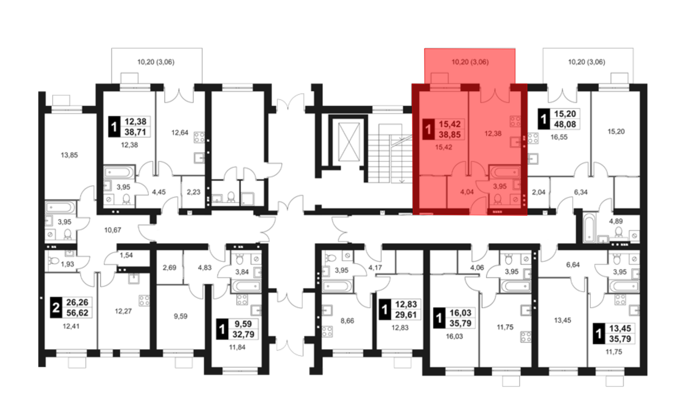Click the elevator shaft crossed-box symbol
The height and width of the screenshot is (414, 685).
[x=349, y=142]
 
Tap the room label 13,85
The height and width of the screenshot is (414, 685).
[x=69, y=155]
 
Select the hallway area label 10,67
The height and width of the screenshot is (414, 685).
[x=113, y=230]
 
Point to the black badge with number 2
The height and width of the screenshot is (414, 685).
[x=56, y=308]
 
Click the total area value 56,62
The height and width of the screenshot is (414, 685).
[x=77, y=313]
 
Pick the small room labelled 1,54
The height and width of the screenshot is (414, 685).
[x=126, y=255]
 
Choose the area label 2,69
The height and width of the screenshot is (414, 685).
[x=170, y=268]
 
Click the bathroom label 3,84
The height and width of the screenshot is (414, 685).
[x=242, y=272]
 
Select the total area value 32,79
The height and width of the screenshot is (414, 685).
[x=244, y=334]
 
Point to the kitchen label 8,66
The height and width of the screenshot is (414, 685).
[x=347, y=321]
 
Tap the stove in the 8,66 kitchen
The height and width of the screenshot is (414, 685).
[x=327, y=331]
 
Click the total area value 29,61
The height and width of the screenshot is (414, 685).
[x=406, y=314]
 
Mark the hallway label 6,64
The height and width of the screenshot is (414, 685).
[x=573, y=264]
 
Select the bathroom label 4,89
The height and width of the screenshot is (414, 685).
[x=615, y=221]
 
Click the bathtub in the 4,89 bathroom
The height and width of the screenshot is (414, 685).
[x=589, y=227]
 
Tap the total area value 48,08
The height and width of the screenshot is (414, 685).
[x=565, y=124]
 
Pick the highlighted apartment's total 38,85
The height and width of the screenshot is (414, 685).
[x=450, y=134]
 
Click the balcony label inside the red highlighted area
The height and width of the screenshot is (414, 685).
[x=470, y=62]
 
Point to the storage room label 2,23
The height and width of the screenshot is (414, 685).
[x=194, y=192]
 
